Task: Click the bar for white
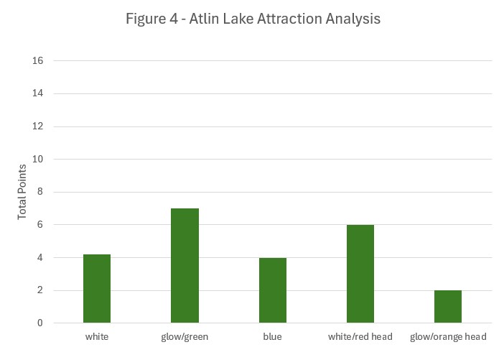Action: (97, 289)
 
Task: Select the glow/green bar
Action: (185, 265)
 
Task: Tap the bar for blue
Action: (273, 290)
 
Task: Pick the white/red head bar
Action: (360, 274)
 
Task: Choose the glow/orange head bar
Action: (448, 307)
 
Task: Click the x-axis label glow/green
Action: (185, 337)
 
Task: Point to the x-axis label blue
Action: (272, 336)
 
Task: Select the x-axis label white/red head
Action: (360, 336)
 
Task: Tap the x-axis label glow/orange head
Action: (448, 337)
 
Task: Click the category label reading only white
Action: (97, 336)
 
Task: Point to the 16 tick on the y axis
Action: (37, 60)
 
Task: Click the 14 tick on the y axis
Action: (37, 93)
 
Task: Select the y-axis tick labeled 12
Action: (37, 126)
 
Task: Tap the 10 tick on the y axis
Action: (37, 159)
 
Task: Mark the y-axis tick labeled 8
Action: (40, 192)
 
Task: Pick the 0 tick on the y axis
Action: (40, 323)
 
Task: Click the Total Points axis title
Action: (22, 192)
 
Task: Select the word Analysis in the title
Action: (353, 19)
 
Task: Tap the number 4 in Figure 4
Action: (174, 19)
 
